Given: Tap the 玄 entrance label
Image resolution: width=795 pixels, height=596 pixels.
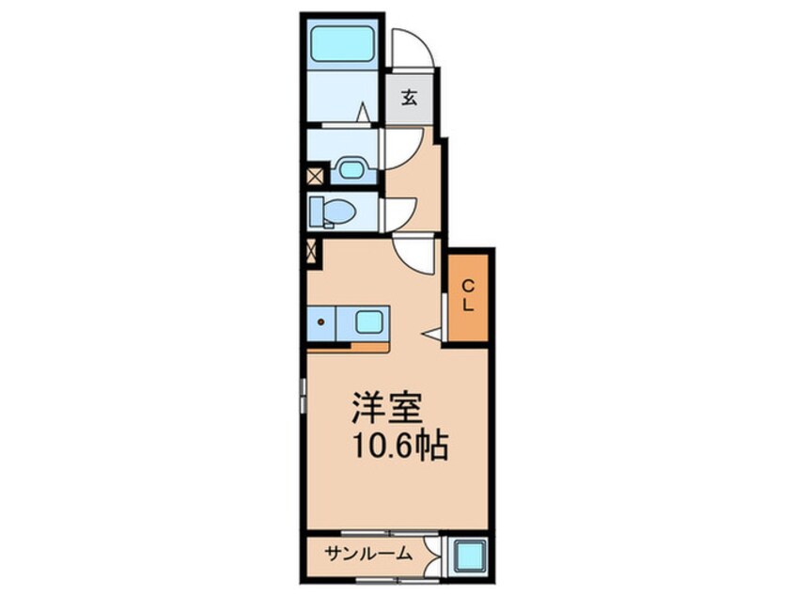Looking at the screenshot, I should (410, 97).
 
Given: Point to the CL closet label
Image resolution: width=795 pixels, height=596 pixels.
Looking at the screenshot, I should (467, 295).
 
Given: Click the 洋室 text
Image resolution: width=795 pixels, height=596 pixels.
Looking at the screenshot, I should (385, 409).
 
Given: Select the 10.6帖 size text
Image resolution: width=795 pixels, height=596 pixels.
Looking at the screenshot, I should (394, 447).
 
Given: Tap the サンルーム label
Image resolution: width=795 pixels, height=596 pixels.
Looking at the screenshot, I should (369, 554).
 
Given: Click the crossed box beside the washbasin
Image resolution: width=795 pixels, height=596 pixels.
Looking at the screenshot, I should (315, 174).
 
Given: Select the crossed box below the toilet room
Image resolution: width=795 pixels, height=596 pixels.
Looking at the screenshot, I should (313, 252).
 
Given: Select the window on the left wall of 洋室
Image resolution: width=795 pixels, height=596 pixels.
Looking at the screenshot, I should (303, 395).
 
